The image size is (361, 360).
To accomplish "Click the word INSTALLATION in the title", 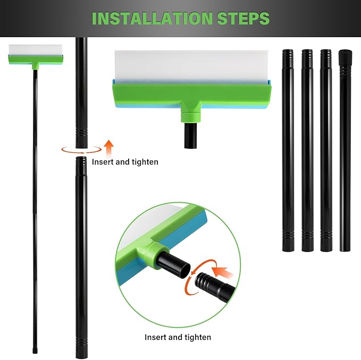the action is pos(152,18).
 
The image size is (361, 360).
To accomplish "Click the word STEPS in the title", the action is pos(243,18).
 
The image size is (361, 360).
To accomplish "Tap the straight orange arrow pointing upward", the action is pos(108,148).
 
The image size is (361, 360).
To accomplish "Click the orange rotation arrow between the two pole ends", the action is pos(81,150).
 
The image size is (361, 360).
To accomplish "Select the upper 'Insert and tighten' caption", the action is pos(125,162).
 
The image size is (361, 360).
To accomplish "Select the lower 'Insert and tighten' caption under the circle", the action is pos(178,337).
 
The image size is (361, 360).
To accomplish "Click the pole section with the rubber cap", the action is pos(345,150).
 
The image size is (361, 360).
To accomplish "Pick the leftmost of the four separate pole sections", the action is pos(288,150).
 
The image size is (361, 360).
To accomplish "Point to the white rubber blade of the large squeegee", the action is pos(191,65).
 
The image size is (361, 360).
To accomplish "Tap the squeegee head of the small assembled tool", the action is pos(36,55).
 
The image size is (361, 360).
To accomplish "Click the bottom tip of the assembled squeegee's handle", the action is pos(35,352).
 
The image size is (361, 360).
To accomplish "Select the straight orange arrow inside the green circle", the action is pos(223,273).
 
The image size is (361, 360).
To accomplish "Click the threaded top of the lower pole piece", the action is pos(81,161).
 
